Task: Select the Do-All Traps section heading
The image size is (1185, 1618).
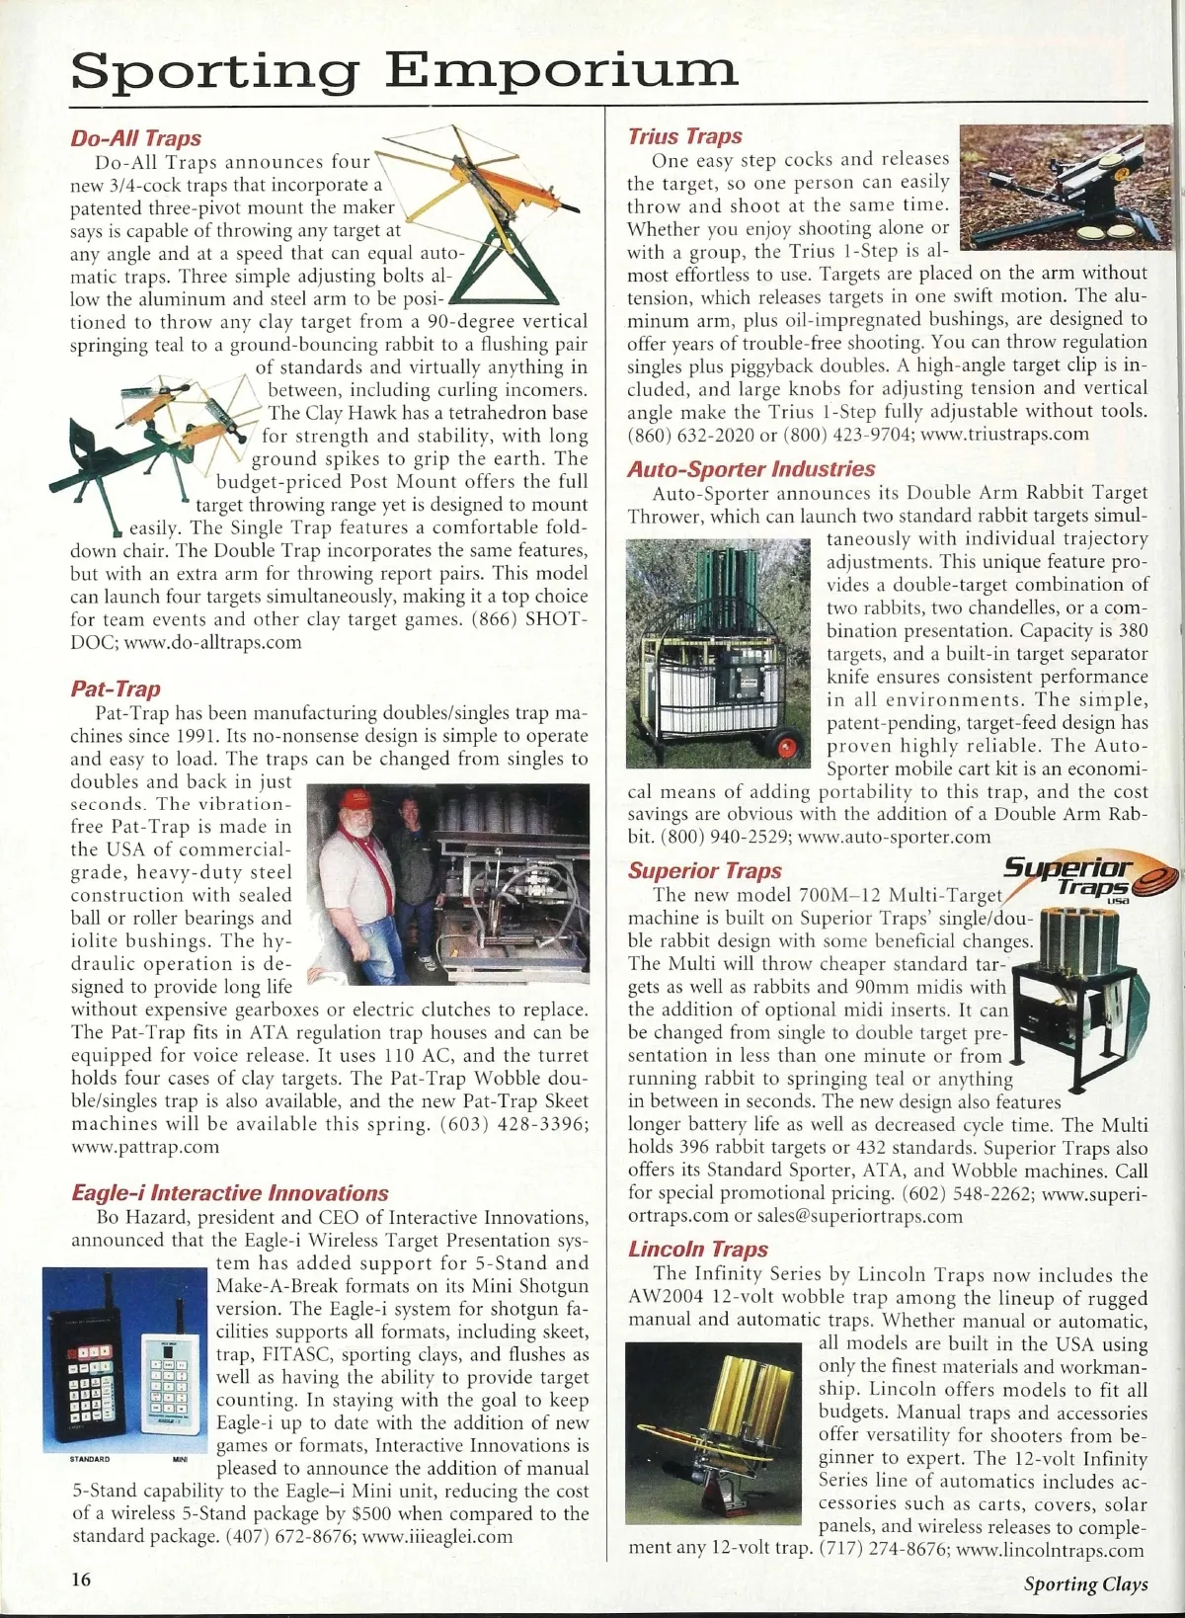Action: (x=135, y=138)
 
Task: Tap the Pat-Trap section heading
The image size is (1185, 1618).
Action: (x=116, y=688)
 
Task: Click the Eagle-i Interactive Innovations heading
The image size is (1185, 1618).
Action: (x=230, y=1193)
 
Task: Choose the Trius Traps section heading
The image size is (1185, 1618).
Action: (x=684, y=136)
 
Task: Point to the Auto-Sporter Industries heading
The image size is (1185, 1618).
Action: (x=750, y=469)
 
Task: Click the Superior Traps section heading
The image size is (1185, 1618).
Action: (x=704, y=870)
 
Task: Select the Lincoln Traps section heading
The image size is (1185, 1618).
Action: (x=697, y=1249)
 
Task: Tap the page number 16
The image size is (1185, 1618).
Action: (x=80, y=1578)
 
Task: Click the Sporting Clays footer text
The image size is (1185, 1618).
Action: (x=1085, y=1584)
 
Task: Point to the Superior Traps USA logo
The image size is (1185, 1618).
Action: (x=1076, y=878)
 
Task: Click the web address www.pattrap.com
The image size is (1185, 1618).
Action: (x=145, y=1147)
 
